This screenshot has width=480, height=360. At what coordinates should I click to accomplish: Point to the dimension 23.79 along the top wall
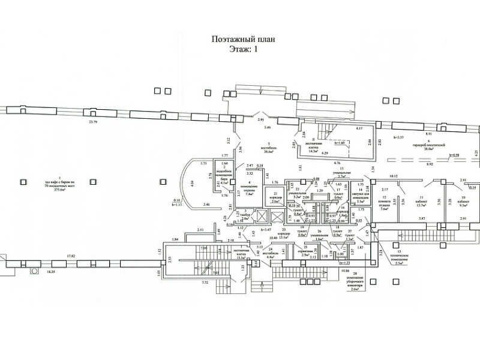pyautogui.click(x=92, y=122)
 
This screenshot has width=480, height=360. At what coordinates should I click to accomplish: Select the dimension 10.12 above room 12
pyautogui.click(x=394, y=176)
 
